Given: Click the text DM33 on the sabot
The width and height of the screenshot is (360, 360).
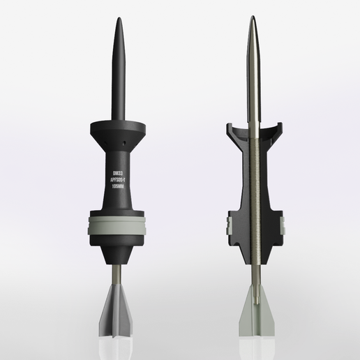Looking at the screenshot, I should coord(117,170).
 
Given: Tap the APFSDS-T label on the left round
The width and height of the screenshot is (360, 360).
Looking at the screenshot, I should coord(117,179).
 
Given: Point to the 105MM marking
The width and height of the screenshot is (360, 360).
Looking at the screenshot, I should coord(117,186).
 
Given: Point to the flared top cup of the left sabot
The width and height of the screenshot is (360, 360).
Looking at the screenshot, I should coord(117,130).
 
